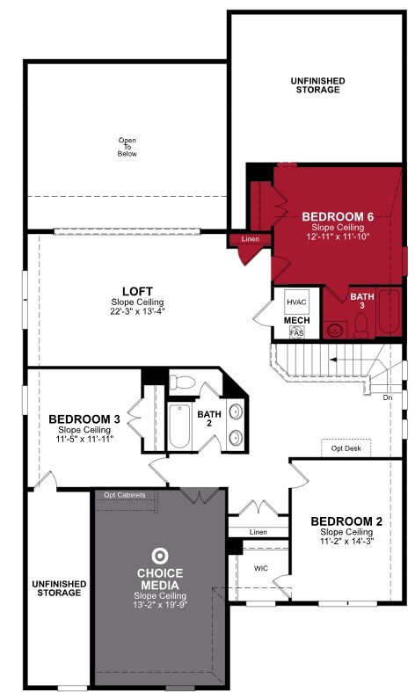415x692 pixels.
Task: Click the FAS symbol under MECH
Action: (x=297, y=333)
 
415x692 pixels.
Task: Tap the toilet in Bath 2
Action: (x=181, y=382)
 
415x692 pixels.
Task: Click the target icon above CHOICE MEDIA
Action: (x=159, y=556)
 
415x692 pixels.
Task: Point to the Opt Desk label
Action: (x=346, y=448)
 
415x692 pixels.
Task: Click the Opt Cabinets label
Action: (x=125, y=495)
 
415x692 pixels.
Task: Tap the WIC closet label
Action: (x=261, y=568)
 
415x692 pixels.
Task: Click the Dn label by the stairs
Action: (x=388, y=397)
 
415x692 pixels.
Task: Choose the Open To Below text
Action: (x=127, y=147)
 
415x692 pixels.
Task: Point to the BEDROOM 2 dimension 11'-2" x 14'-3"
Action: (x=346, y=543)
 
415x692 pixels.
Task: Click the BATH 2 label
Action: (x=209, y=418)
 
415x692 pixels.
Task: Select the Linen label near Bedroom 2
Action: (x=258, y=532)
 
